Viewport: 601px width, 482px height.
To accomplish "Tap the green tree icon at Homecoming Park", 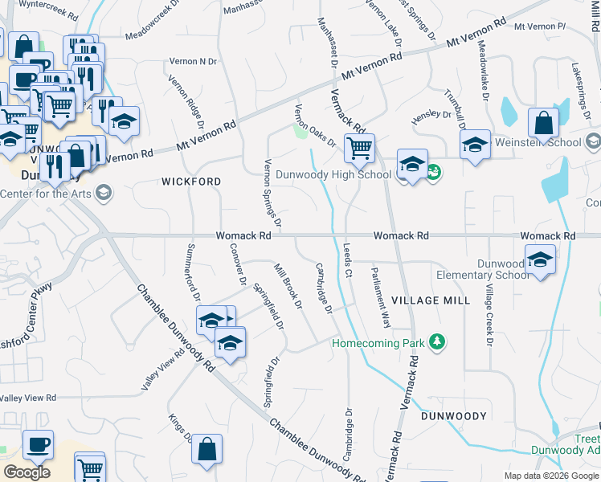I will (x=436, y=342).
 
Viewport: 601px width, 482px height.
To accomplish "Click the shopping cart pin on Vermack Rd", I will (x=358, y=147).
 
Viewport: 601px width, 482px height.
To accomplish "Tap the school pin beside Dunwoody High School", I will (x=411, y=165).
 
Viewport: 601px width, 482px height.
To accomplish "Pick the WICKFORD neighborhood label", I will (x=191, y=182).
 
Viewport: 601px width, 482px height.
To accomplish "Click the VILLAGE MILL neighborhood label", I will (x=431, y=300).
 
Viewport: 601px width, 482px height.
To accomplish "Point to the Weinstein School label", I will (x=539, y=142).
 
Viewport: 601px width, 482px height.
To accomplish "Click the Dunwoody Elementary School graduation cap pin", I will (x=540, y=259).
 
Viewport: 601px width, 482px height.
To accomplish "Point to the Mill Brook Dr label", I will (x=288, y=286).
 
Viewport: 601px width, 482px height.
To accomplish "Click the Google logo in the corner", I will (x=27, y=472).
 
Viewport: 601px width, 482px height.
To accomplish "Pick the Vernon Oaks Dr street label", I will (x=315, y=125).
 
